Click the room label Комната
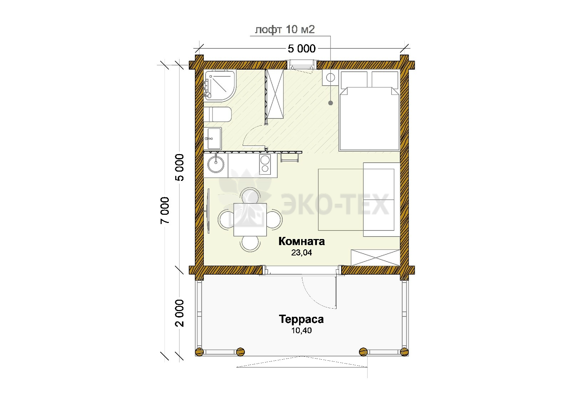click(302, 241)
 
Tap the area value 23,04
click(302, 253)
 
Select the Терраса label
click(301, 319)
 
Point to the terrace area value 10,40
click(302, 330)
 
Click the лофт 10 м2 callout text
click(285, 30)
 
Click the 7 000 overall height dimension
click(165, 210)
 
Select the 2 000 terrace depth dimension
click(180, 313)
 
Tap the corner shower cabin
click(220, 86)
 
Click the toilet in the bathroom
click(217, 115)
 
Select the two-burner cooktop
click(265, 164)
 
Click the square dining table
click(250, 219)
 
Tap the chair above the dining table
click(250, 196)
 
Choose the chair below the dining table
click(250, 243)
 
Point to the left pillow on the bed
click(354, 79)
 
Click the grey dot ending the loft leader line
click(330, 103)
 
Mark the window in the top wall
click(302, 65)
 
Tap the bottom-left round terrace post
click(199, 352)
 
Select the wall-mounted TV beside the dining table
click(208, 211)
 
